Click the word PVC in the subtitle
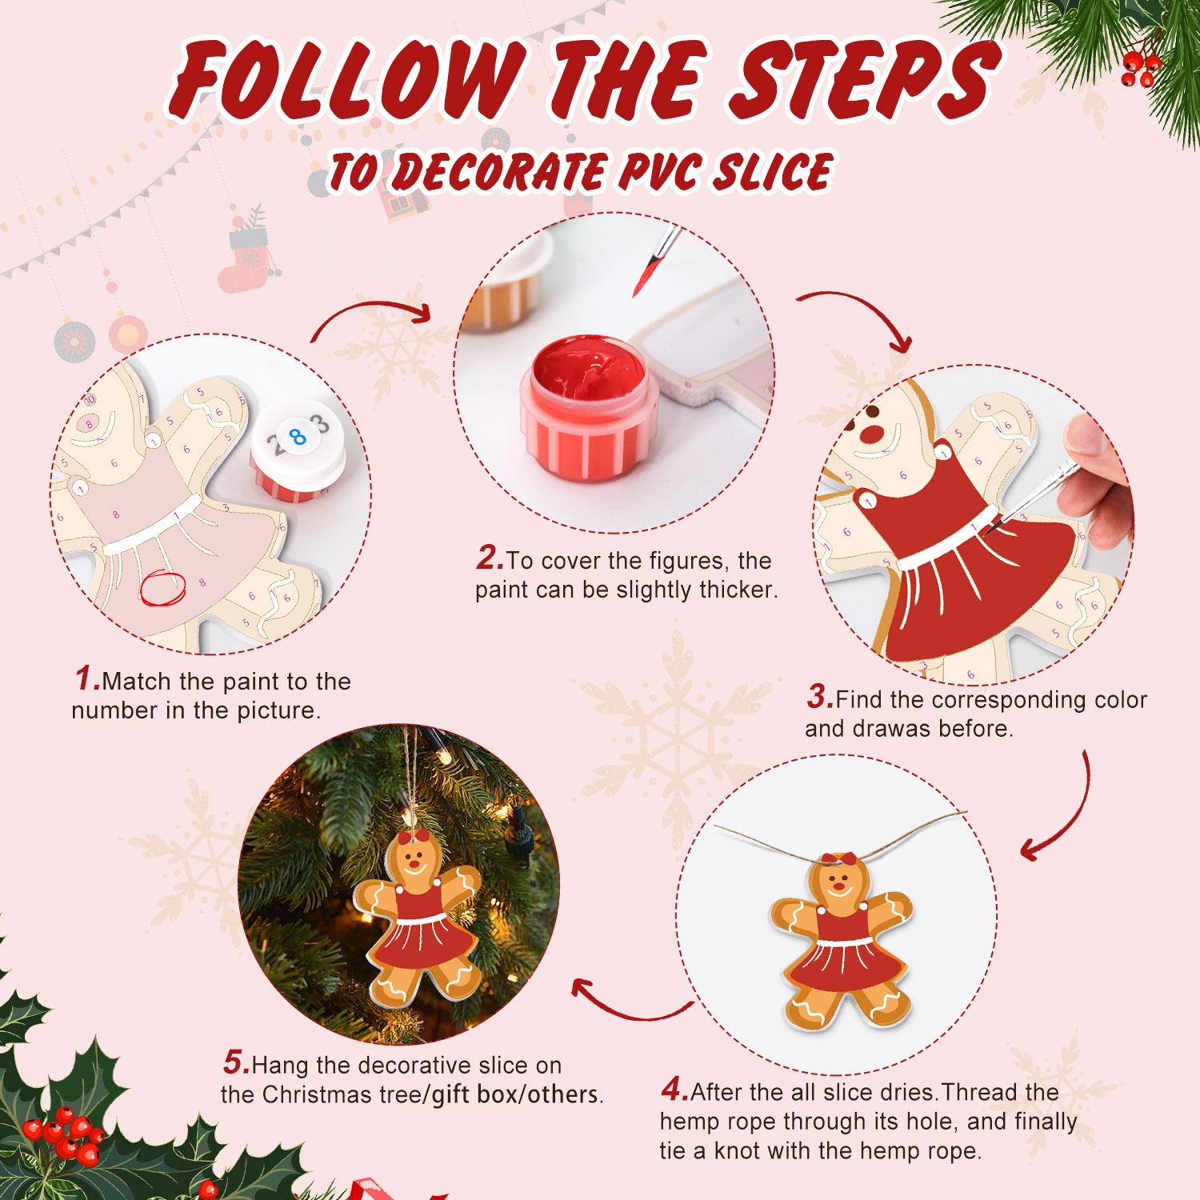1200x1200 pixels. [658, 172]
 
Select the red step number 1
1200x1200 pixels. [87, 678]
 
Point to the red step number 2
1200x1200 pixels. [489, 558]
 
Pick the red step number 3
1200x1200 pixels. [820, 697]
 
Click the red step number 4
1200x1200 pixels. [674, 1090]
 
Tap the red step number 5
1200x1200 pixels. [236, 1062]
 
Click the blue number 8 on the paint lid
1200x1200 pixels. [298, 437]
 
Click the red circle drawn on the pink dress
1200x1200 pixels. [162, 589]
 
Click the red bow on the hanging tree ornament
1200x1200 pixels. [414, 838]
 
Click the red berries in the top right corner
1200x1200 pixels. [1140, 69]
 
